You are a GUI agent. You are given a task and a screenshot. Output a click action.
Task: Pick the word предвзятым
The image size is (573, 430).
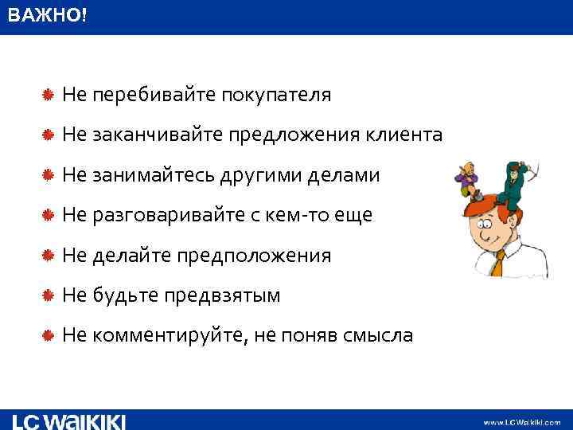coord(222,295)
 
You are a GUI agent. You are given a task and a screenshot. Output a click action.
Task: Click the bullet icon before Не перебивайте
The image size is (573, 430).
coord(49,96)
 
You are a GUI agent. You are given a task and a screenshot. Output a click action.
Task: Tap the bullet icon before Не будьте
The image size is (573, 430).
coord(49,295)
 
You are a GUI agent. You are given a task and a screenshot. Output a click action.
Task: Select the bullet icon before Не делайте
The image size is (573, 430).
coord(49,256)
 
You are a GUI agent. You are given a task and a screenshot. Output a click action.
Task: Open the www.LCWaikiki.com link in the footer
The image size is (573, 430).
coord(521,422)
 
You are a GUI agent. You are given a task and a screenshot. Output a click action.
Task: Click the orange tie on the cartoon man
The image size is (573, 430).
coord(498,263)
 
